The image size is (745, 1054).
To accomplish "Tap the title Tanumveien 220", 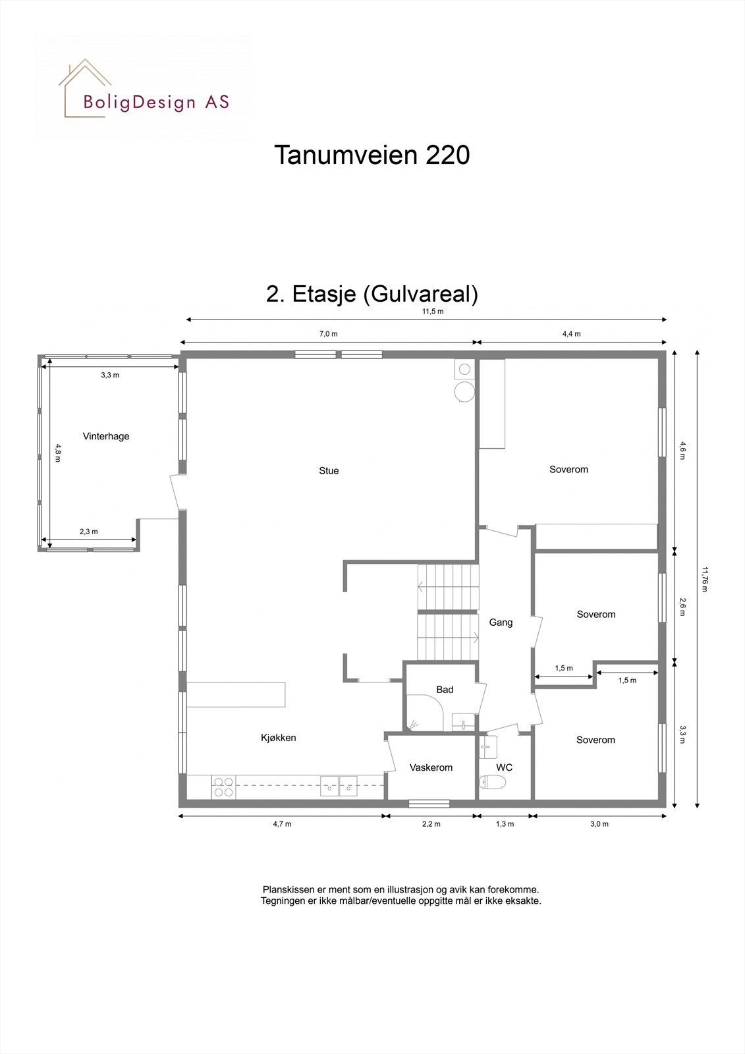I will (372, 155).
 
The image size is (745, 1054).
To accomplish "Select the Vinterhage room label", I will (106, 436).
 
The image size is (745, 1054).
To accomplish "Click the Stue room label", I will (329, 470).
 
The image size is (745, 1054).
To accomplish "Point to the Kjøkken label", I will (278, 738).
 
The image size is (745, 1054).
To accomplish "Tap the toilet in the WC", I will (493, 783).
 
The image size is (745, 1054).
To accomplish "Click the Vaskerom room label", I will (431, 767).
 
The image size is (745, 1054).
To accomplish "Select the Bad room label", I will (445, 690).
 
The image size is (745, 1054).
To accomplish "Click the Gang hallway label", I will (501, 622).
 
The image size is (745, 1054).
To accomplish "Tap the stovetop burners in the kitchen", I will (223, 787).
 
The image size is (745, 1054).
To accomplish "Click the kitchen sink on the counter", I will (339, 786).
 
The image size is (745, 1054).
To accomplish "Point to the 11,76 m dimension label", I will (705, 579).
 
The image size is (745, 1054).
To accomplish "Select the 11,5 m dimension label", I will (433, 312).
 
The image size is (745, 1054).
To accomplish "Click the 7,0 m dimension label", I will (328, 334).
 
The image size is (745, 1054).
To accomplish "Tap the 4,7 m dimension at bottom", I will (282, 824).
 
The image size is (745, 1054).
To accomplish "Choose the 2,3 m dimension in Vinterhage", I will (89, 532).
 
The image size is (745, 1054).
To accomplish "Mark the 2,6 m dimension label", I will (683, 606).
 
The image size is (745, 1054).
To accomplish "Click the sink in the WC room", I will (487, 746).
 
